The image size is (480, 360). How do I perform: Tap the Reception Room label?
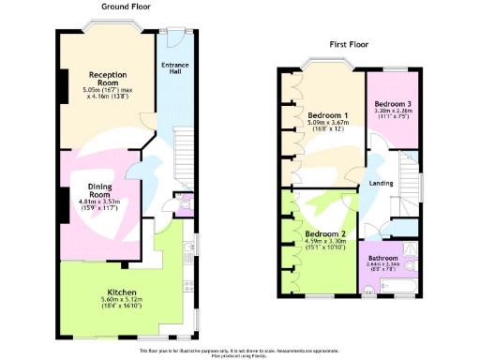(108, 77)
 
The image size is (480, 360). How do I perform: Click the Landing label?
(381, 183)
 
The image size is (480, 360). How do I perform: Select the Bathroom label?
(382, 257)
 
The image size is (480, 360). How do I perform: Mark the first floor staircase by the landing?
(408, 178)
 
